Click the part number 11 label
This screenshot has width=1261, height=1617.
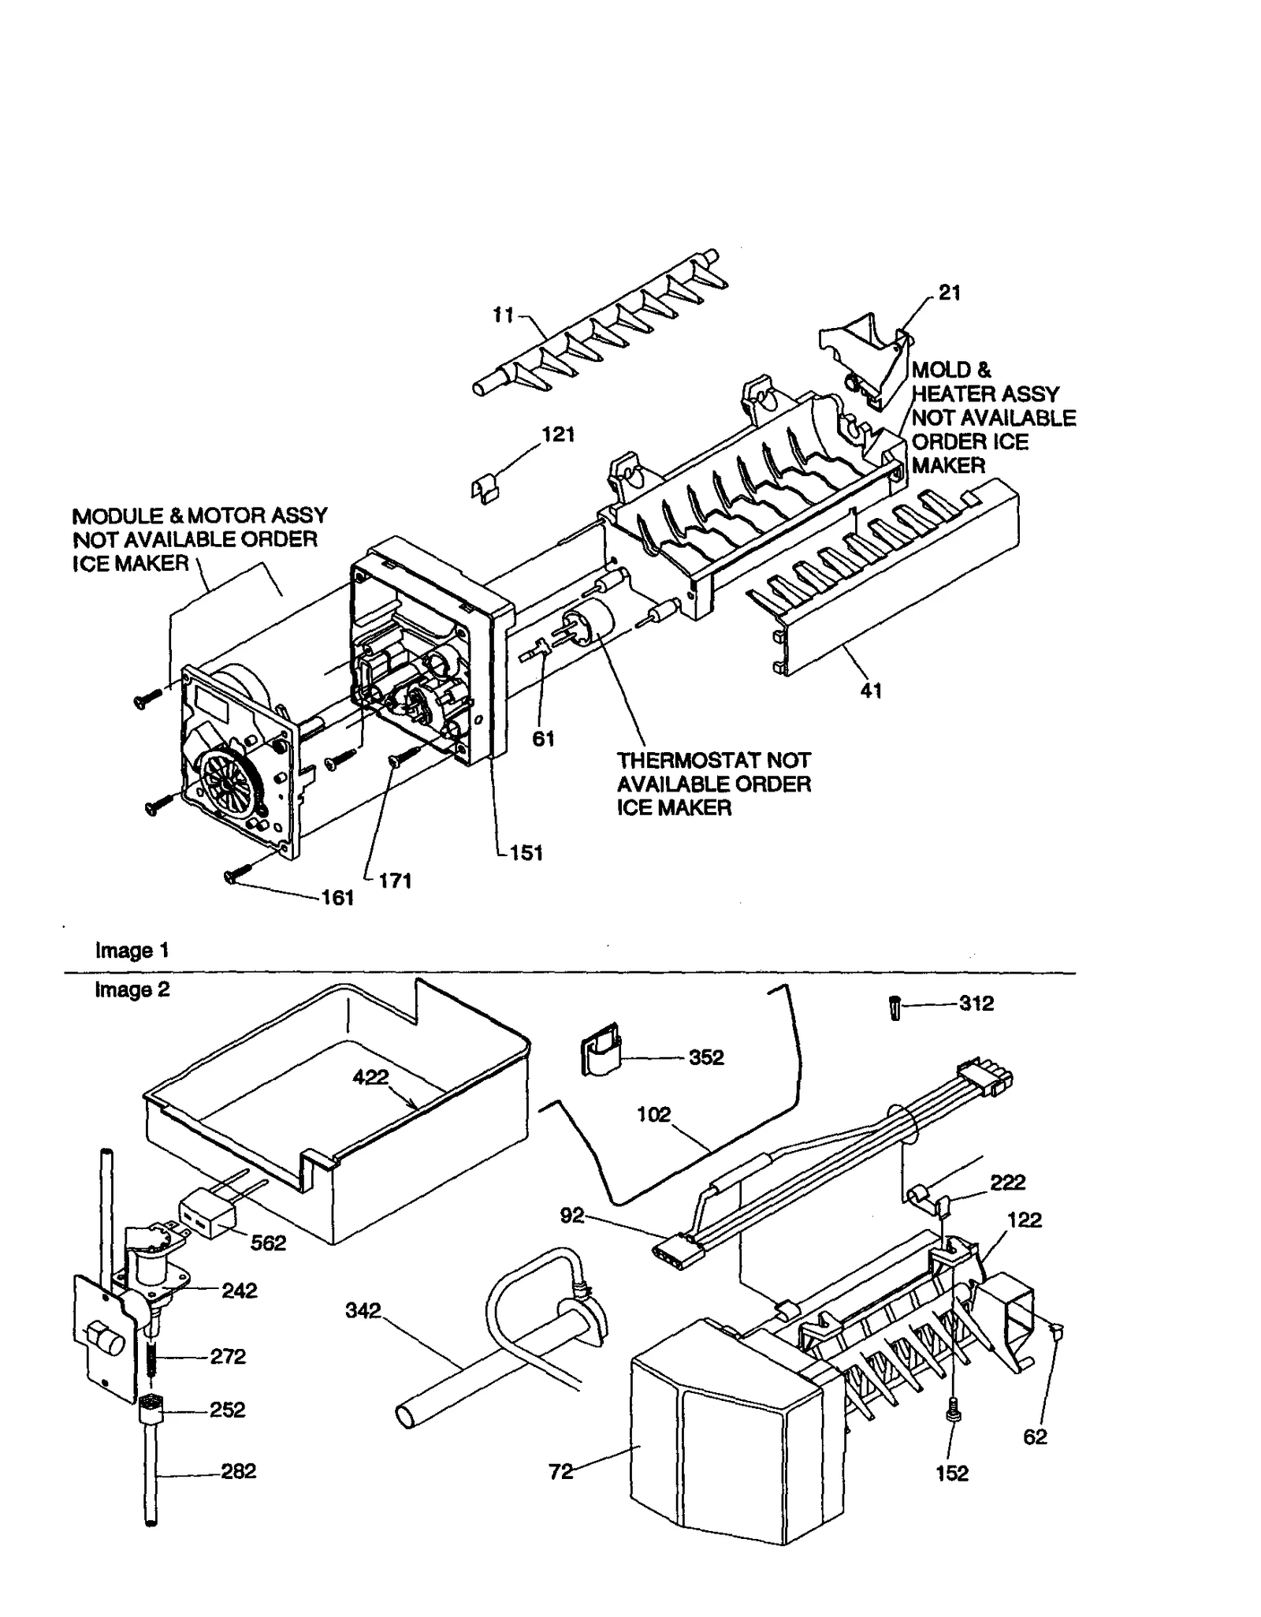[503, 315]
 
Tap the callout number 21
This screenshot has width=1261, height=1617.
[950, 292]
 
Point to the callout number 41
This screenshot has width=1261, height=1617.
[871, 691]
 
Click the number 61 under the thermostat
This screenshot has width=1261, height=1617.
[543, 739]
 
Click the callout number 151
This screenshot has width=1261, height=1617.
[526, 852]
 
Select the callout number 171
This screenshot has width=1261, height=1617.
[395, 881]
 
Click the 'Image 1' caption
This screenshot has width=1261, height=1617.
[132, 950]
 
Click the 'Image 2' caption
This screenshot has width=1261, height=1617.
[132, 989]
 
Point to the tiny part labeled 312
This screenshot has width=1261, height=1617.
[895, 1008]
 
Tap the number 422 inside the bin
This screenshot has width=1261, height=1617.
[370, 1076]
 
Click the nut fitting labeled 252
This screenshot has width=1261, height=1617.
[150, 1410]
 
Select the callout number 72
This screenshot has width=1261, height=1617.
[560, 1471]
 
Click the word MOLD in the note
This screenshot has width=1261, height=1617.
[941, 370]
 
